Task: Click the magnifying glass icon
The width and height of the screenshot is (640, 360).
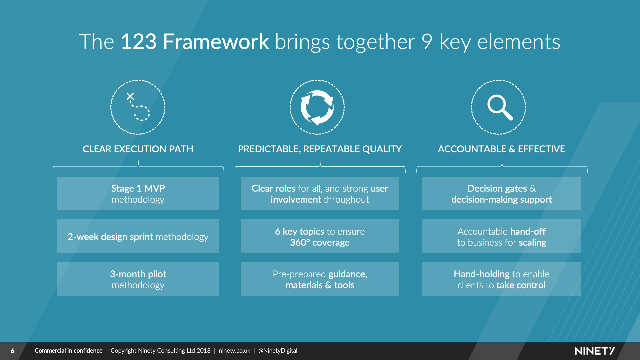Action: tap(499, 107)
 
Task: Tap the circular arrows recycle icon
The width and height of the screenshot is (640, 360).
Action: tap(317, 107)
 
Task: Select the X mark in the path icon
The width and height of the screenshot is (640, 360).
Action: tap(130, 97)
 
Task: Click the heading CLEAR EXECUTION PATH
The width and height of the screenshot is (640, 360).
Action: tap(138, 149)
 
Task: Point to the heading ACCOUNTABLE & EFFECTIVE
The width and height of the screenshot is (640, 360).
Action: tap(501, 149)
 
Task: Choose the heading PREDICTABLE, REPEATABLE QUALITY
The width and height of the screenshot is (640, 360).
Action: tap(320, 149)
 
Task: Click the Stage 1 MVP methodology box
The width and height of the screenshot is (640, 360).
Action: tap(138, 194)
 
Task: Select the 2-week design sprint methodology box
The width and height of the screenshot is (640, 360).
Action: tap(138, 236)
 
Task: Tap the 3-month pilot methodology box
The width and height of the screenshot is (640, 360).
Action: tap(138, 279)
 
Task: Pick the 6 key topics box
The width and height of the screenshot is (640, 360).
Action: tap(320, 236)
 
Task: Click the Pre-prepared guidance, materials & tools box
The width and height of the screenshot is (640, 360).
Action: tap(320, 279)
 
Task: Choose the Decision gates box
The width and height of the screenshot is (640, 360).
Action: tap(501, 194)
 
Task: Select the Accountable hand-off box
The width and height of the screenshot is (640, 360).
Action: tap(501, 236)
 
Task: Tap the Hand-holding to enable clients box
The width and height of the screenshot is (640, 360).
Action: tap(501, 279)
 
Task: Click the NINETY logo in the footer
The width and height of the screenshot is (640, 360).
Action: tap(594, 351)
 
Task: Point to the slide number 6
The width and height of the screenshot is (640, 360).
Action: tap(12, 351)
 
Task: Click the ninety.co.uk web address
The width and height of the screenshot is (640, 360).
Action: tap(234, 351)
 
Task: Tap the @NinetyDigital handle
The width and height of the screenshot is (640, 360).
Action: tap(278, 351)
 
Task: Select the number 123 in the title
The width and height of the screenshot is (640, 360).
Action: tap(138, 42)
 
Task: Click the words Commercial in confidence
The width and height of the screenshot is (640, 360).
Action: tap(68, 351)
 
